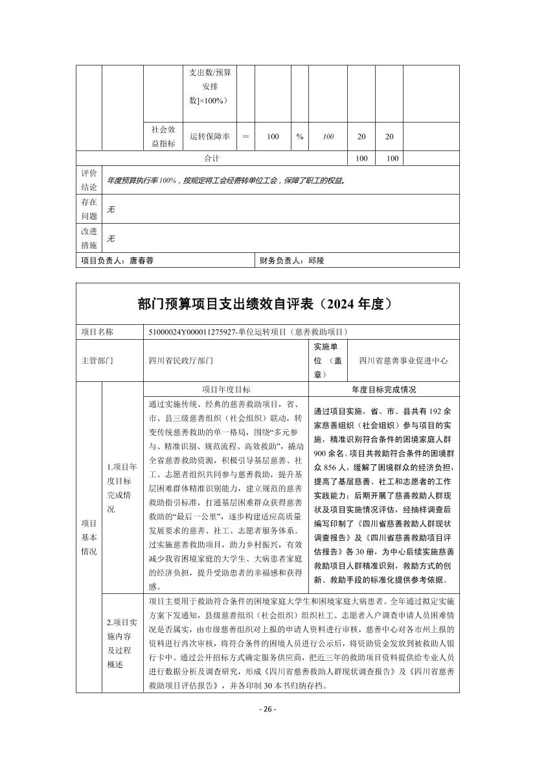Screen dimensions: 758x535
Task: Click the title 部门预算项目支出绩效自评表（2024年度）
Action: (x=267, y=303)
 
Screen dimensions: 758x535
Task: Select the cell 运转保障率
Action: (x=210, y=137)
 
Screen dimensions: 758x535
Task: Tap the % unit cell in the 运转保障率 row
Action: (x=300, y=137)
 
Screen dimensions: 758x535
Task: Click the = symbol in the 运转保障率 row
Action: (x=245, y=137)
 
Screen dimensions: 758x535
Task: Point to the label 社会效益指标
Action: (x=163, y=137)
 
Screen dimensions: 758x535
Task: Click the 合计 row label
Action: (x=212, y=158)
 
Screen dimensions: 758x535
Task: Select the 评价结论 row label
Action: (x=89, y=180)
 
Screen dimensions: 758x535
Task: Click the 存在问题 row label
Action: (x=89, y=209)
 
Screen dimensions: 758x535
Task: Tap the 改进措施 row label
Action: (x=89, y=238)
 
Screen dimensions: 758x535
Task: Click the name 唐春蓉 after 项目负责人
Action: (x=142, y=260)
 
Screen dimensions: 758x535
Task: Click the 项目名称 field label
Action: (x=97, y=331)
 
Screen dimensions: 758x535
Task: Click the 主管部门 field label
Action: (x=97, y=361)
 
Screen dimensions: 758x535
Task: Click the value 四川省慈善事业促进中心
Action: (x=403, y=361)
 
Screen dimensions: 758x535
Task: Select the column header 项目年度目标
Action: (x=226, y=389)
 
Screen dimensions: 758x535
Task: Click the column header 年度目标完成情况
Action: (x=384, y=389)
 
